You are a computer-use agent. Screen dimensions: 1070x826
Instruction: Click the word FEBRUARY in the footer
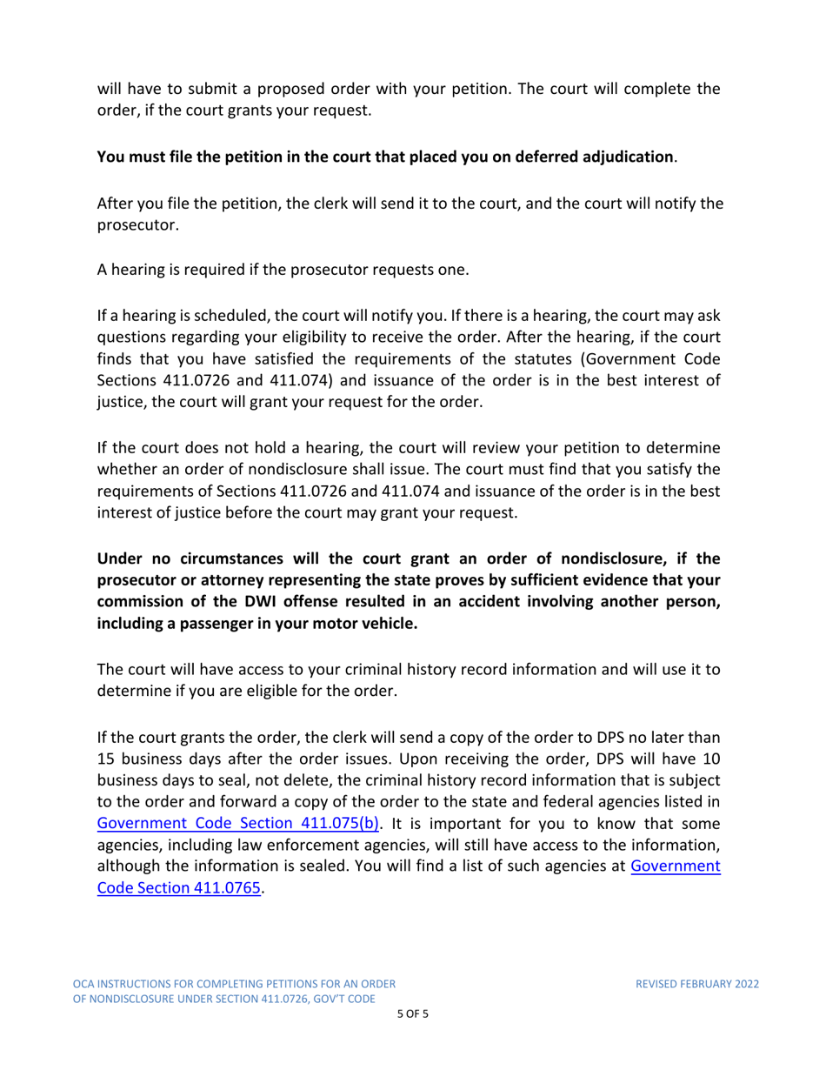698,984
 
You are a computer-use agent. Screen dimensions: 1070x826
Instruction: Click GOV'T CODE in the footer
338,999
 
